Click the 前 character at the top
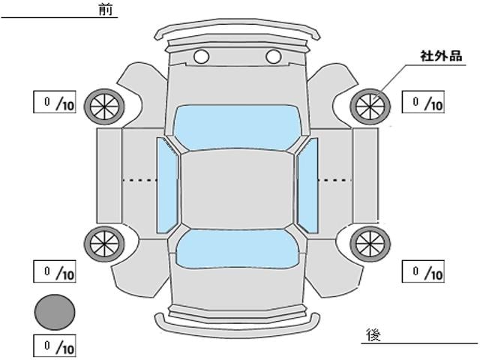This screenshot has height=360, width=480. pyautogui.click(x=105, y=9)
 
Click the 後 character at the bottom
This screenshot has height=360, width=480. pyautogui.click(x=373, y=334)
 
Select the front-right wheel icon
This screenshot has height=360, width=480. pyautogui.click(x=369, y=106)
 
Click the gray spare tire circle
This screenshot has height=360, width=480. pyautogui.click(x=55, y=311)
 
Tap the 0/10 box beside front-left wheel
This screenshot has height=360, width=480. pyautogui.click(x=55, y=103)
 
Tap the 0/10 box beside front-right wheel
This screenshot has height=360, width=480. pyautogui.click(x=424, y=103)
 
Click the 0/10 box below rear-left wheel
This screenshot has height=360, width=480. pyautogui.click(x=55, y=271)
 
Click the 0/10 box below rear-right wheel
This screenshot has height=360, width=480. pyautogui.click(x=424, y=271)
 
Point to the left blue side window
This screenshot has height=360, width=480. pyautogui.click(x=167, y=184)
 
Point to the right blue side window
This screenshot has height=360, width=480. pyautogui.click(x=307, y=184)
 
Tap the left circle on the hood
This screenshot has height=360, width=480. pyautogui.click(x=201, y=56)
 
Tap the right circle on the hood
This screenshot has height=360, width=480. pyautogui.click(x=273, y=56)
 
